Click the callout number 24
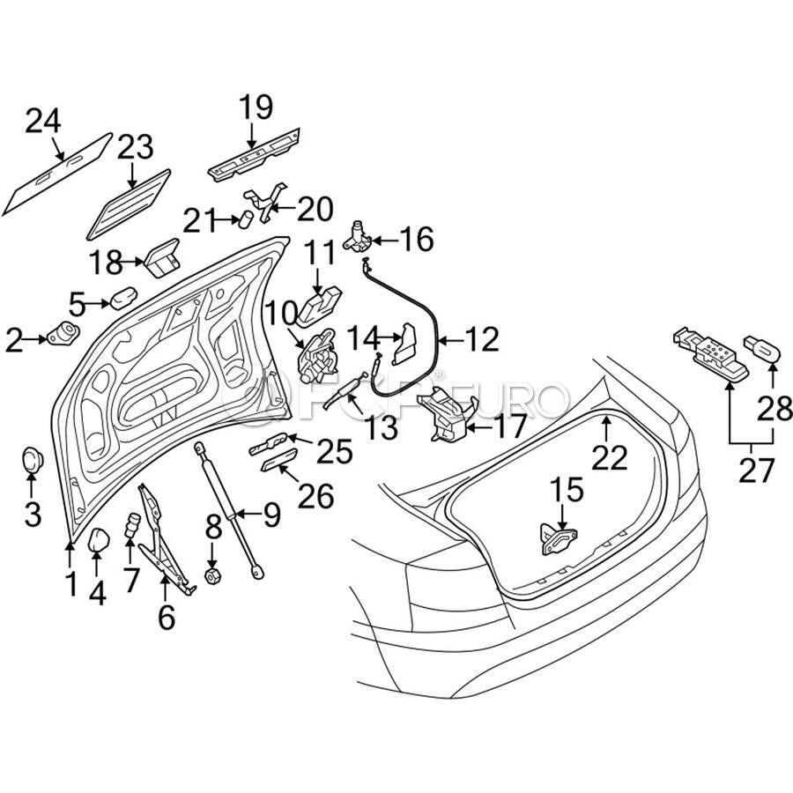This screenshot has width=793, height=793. (43, 122)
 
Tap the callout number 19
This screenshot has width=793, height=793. (256, 107)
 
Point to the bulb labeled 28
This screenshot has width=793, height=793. (762, 348)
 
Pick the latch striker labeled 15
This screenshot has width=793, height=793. (559, 539)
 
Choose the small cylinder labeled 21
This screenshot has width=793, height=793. (247, 220)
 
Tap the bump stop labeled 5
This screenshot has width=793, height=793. (123, 298)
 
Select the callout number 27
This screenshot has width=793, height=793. (756, 471)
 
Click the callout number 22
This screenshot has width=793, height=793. (610, 458)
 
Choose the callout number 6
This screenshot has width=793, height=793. (167, 617)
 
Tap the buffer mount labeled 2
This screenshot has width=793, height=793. (63, 334)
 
